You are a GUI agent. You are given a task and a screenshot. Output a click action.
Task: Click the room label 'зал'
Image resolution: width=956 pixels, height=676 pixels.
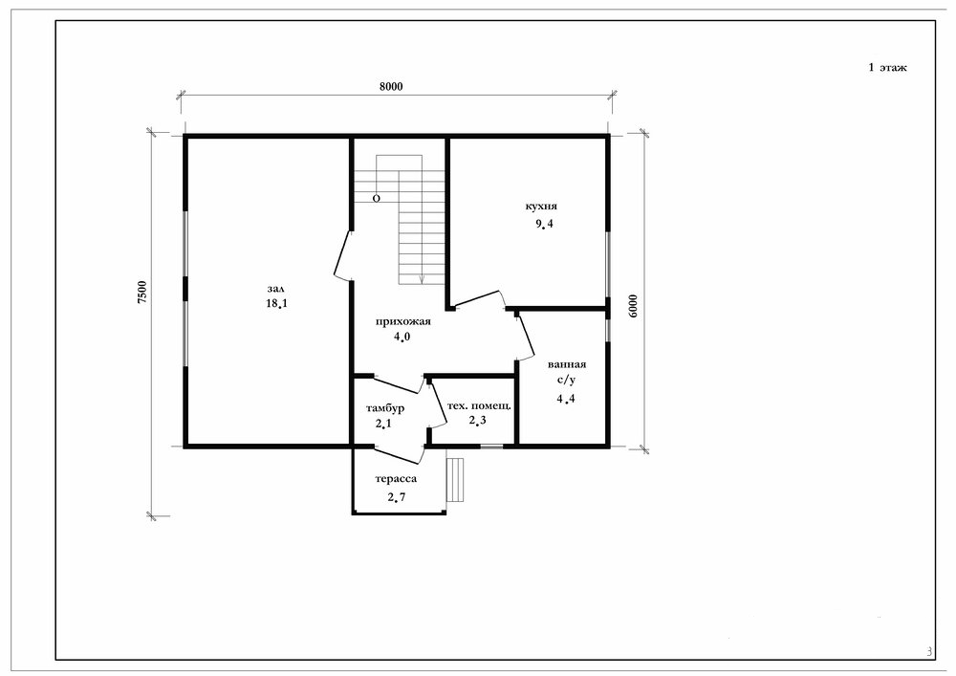[276, 289]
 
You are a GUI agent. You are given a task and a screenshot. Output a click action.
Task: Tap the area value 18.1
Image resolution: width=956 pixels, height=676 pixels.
[276, 303]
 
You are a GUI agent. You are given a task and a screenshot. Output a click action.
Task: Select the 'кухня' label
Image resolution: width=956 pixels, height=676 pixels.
[541, 206]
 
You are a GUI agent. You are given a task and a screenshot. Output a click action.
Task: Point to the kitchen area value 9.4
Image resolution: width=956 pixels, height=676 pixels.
[544, 224]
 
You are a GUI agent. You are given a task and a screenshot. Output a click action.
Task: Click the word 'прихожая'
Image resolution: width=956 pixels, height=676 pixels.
[403, 322]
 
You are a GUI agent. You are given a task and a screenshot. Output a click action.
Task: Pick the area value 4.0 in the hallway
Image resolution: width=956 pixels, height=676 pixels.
[402, 337]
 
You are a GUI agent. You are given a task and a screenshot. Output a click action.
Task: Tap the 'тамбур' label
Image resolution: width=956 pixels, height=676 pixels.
[384, 408]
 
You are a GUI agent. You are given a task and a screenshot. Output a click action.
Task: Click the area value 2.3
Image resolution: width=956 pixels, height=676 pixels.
[477, 420]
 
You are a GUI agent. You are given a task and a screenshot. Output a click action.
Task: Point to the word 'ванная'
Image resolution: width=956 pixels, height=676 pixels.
[567, 365]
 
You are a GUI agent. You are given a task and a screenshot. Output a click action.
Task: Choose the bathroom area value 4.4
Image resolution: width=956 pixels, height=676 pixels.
[566, 400]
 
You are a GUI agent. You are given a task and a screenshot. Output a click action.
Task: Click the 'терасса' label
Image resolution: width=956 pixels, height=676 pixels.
[396, 480]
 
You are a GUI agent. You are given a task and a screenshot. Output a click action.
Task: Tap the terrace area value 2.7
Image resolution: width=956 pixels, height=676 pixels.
[397, 497]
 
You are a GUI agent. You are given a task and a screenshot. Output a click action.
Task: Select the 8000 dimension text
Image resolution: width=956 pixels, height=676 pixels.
[391, 87]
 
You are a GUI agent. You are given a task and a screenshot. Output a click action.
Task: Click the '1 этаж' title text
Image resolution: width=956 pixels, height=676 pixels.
[888, 68]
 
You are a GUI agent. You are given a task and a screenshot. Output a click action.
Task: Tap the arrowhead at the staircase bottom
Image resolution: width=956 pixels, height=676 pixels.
[422, 279]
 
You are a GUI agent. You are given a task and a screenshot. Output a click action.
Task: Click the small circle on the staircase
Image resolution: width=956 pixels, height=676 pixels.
[376, 199]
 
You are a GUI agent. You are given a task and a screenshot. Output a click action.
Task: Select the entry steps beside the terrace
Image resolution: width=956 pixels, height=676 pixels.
[455, 480]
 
